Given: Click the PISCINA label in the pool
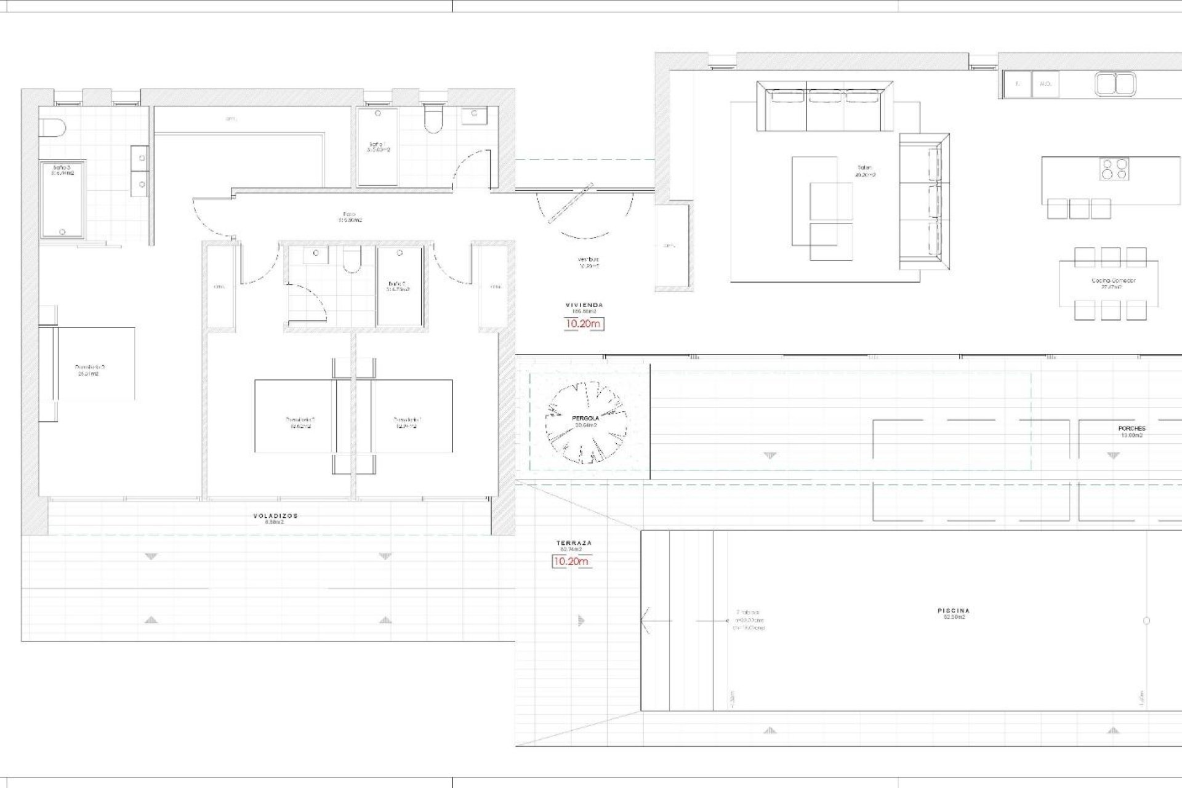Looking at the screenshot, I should [954, 611].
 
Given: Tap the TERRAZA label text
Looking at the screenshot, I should [574, 543].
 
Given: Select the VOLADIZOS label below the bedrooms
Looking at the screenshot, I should [275, 516].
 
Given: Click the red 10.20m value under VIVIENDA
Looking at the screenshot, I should [584, 324].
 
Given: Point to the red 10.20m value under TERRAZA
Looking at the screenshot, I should [571, 561].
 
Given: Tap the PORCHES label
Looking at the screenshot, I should [1132, 428].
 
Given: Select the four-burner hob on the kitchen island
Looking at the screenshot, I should [1114, 169].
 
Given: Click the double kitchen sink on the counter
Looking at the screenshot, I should [1115, 84].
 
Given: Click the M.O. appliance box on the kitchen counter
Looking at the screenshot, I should [1045, 84].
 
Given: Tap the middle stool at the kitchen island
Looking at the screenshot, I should [1079, 208].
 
